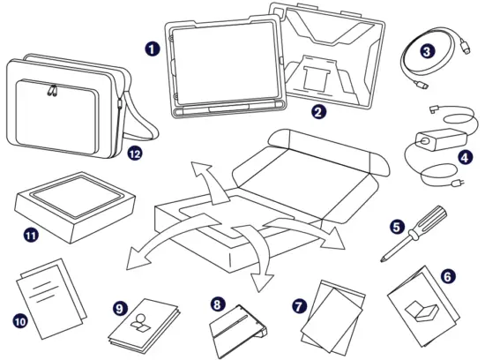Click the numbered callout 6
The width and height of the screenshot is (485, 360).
pyautogui.click(x=448, y=276)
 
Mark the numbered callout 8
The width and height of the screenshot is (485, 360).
pyautogui.click(x=217, y=304)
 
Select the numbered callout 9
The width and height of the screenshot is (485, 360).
pyautogui.click(x=121, y=308)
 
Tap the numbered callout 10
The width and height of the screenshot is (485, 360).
pyautogui.click(x=19, y=321)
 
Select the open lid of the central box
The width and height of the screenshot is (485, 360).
pyautogui.click(x=322, y=163)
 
